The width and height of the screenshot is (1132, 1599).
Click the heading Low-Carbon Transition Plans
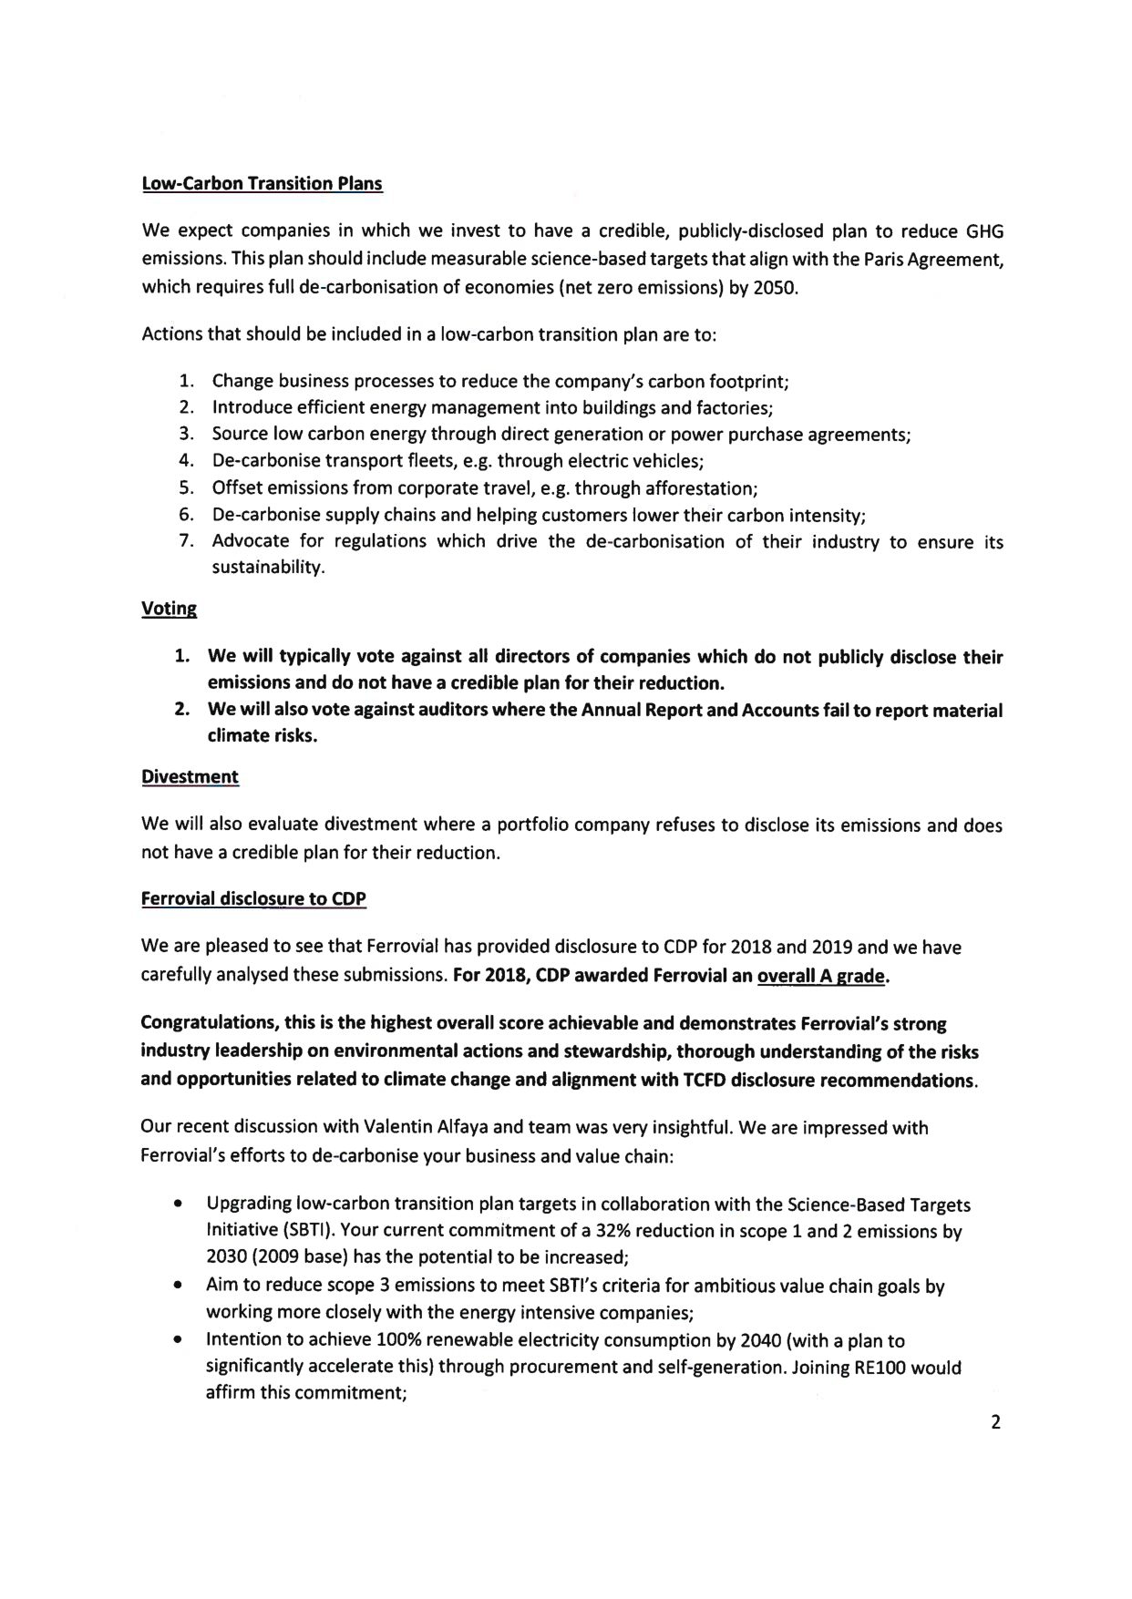pyautogui.click(x=262, y=183)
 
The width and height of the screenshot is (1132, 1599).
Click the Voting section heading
pyautogui.click(x=169, y=609)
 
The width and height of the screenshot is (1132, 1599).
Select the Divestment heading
pyautogui.click(x=190, y=776)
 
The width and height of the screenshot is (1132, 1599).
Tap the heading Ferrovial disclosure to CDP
pyautogui.click(x=253, y=899)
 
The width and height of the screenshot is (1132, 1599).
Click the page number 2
pyautogui.click(x=995, y=1422)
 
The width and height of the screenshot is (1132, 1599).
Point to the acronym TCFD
pyautogui.click(x=704, y=1081)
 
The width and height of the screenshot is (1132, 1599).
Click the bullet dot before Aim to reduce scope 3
pyautogui.click(x=176, y=1286)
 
